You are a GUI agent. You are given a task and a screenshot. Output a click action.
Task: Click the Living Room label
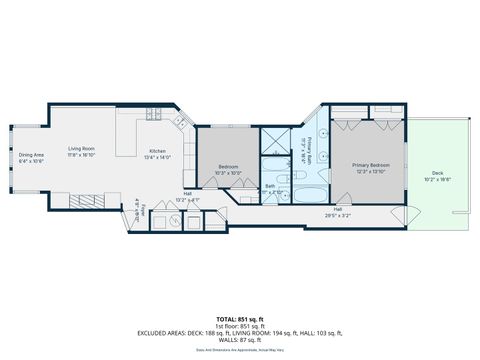(81, 149)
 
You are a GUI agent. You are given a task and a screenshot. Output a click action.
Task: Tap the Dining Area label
(31, 154)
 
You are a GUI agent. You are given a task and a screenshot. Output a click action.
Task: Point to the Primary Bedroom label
(370, 165)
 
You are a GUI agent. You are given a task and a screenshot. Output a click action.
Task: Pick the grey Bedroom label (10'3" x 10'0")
(229, 167)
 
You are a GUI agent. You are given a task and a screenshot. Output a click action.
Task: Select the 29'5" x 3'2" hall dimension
(338, 215)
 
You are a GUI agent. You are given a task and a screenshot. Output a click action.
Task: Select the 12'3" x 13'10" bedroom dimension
(370, 171)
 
